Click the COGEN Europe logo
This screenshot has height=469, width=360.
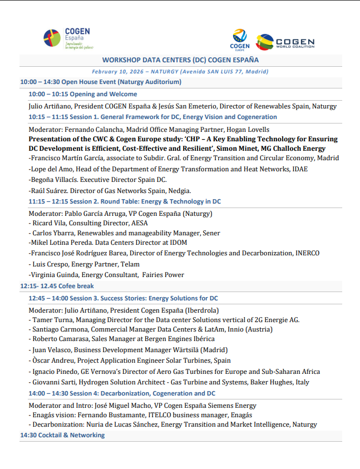click(240, 40)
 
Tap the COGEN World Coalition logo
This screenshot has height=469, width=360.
click(285, 42)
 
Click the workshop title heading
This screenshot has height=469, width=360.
click(180, 60)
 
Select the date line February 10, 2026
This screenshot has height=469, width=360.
click(180, 72)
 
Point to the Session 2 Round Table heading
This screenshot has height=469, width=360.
click(125, 201)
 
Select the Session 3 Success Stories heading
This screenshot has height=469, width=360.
click(123, 298)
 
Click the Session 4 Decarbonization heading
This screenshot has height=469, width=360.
click(122, 393)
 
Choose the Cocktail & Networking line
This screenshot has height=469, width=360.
click(62, 435)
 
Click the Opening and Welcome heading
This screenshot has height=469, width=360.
click(75, 94)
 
